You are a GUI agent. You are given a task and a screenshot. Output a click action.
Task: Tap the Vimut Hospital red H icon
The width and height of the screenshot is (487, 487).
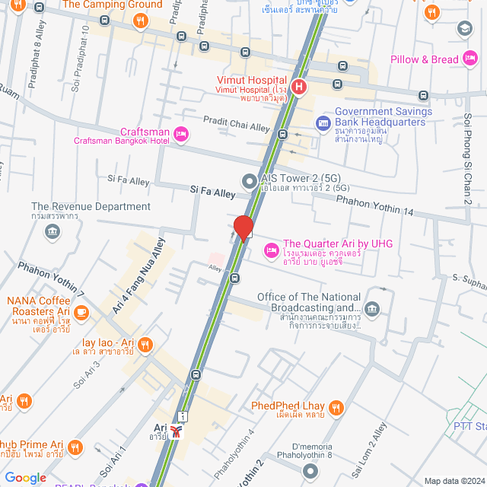pos(300,87)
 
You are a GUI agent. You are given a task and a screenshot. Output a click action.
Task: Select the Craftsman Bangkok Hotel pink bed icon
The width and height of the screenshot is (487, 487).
pos(180,135)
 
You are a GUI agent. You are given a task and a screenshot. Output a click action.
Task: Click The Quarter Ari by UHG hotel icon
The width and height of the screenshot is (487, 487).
pos(270,250)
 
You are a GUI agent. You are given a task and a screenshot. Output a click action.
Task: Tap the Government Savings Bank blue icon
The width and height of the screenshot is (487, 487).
pos(323,123)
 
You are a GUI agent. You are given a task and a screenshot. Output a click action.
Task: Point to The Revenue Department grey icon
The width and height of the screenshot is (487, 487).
pos(53,231)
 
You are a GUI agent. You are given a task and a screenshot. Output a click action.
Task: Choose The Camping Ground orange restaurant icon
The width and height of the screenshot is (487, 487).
pos(139,21)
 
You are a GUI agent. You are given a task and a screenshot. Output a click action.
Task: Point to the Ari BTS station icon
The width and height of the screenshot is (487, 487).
pos(177,432)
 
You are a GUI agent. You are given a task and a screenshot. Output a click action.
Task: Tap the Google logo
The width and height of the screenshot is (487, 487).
pos(26,478)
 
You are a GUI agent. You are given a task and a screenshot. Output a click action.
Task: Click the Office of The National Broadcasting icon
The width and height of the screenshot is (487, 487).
pos(371,308)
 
